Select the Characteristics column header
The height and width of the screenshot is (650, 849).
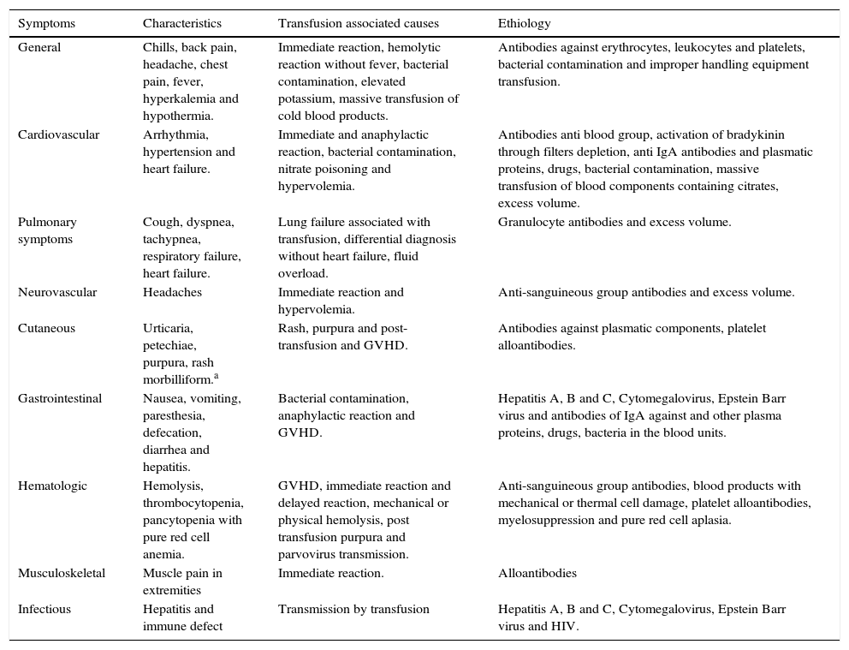(x=181, y=23)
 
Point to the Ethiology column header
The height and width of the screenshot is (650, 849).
(x=525, y=23)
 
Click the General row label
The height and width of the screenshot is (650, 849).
(x=39, y=47)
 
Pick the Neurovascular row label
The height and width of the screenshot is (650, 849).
(x=57, y=292)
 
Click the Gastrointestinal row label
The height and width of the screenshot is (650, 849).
(x=60, y=398)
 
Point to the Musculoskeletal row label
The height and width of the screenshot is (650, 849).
(x=62, y=573)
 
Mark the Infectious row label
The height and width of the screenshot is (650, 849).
(x=45, y=609)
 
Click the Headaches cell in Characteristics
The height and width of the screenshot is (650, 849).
(x=172, y=292)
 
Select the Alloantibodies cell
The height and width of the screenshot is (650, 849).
(x=537, y=573)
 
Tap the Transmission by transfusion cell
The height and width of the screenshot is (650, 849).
(x=353, y=609)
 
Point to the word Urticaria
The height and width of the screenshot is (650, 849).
(x=168, y=328)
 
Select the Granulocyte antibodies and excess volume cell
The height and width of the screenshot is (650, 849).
(x=614, y=222)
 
